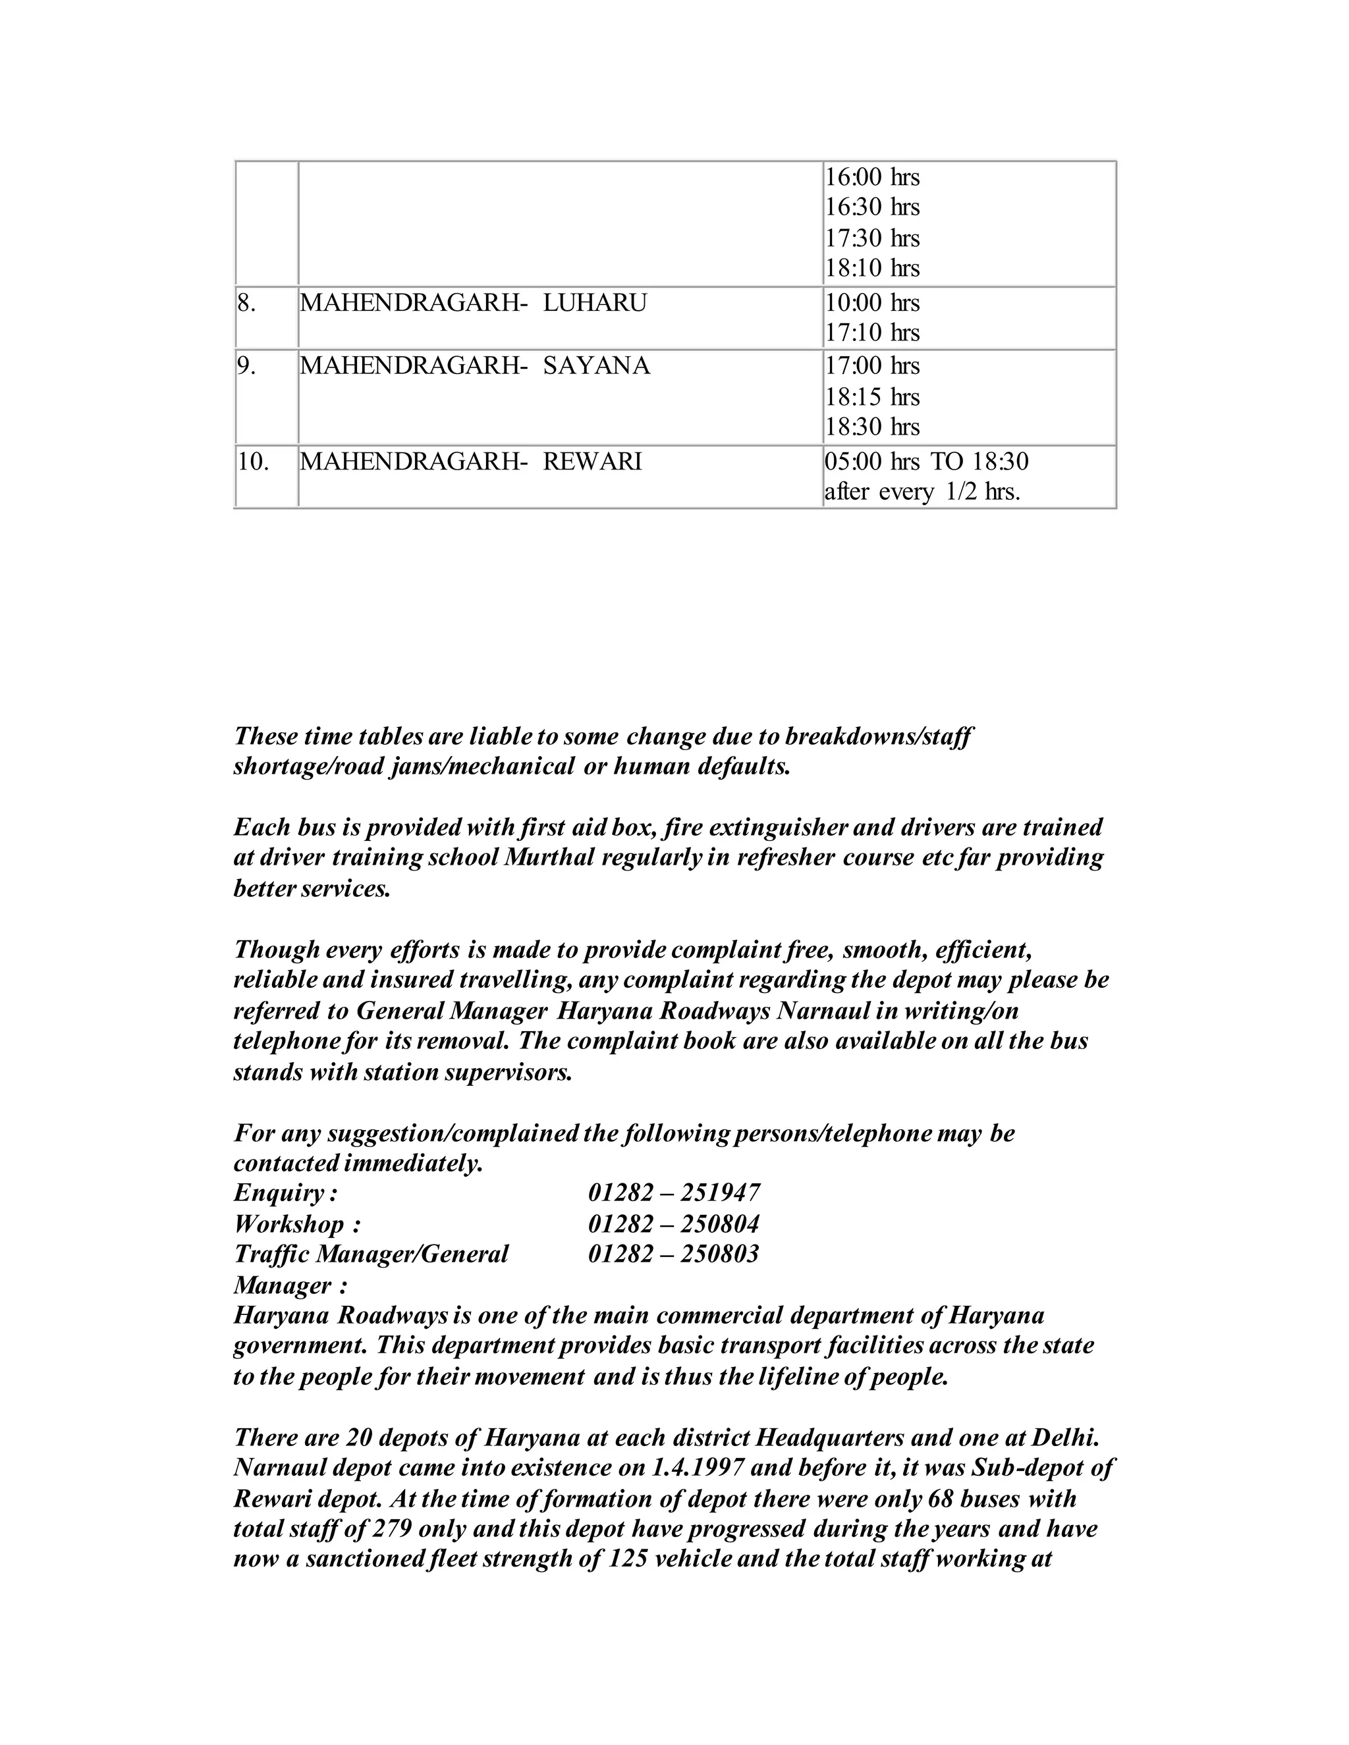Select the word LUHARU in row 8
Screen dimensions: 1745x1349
[595, 304]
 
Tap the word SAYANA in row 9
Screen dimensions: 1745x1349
[596, 366]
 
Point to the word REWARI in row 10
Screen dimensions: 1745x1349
[592, 462]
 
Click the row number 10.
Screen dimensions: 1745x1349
[252, 462]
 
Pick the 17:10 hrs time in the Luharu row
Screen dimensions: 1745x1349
[872, 333]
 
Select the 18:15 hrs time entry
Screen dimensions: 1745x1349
[872, 397]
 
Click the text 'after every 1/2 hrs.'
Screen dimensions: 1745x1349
[922, 492]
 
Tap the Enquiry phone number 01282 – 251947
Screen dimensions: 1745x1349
[674, 1193]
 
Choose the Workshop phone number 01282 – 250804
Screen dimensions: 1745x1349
[674, 1224]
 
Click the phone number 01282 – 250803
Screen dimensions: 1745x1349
[674, 1254]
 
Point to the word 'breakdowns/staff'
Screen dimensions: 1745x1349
[879, 736]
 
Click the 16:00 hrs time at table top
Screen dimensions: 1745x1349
[872, 176]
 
